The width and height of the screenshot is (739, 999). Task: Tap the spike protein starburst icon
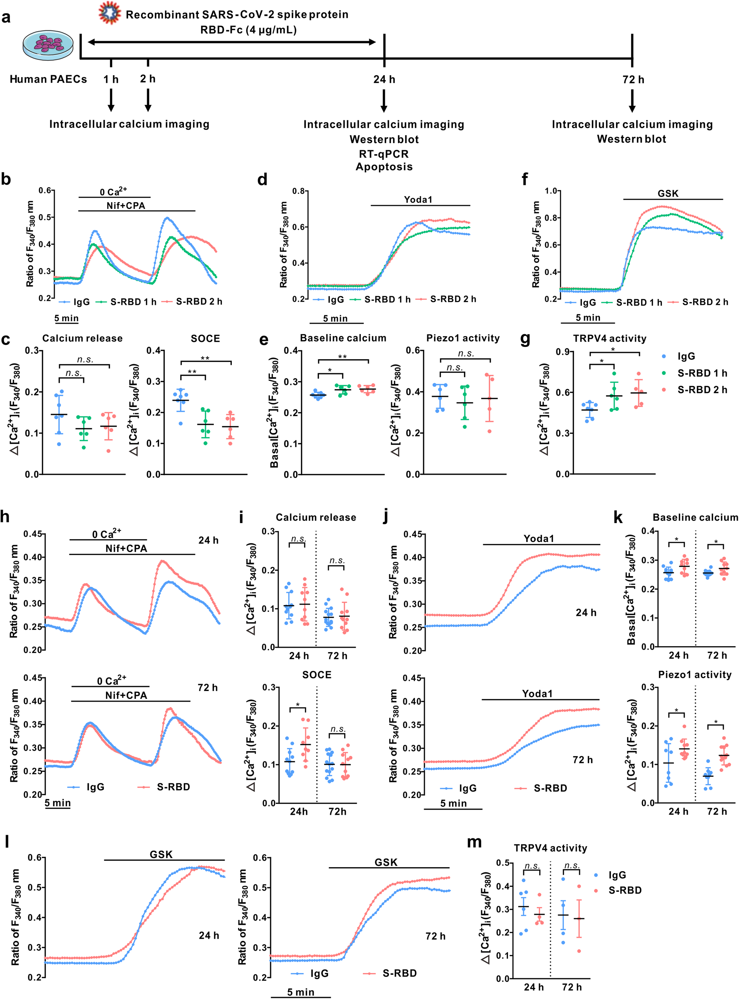click(110, 14)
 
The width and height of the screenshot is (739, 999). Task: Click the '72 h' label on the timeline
click(633, 80)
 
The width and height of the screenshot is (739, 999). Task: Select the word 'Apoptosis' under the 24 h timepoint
click(384, 167)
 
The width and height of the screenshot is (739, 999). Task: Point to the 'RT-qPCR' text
click(384, 154)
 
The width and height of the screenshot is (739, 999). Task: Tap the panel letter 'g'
click(525, 340)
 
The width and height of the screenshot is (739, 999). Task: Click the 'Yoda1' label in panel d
click(418, 199)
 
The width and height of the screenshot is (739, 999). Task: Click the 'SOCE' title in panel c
click(205, 338)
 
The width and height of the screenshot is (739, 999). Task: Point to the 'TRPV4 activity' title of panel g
click(610, 338)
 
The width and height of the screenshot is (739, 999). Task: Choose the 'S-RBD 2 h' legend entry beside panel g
click(702, 390)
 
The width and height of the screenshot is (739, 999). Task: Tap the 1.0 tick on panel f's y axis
click(551, 191)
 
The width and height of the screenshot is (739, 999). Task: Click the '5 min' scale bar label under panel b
click(66, 318)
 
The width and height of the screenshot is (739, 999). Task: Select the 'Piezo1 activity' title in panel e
click(462, 338)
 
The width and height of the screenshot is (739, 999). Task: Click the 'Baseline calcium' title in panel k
click(695, 517)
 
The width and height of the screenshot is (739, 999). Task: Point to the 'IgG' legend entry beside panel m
click(617, 875)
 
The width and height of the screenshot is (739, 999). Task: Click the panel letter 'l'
click(7, 842)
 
